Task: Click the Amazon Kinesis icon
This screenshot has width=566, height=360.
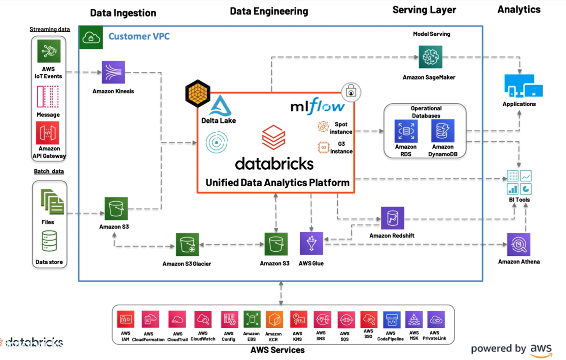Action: point(113,72)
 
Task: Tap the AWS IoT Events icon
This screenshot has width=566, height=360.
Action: point(49,51)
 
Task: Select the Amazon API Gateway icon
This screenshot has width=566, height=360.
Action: point(47,133)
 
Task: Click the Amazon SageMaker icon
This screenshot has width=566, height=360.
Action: point(430,57)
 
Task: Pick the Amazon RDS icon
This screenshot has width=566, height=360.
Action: point(406,131)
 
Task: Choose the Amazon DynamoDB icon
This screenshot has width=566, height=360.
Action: point(442,131)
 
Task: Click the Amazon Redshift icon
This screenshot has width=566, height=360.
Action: point(392,218)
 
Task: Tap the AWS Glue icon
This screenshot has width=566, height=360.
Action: point(311,243)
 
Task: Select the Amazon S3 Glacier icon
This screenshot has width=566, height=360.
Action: point(187,245)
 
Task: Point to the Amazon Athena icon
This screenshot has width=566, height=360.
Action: point(519,245)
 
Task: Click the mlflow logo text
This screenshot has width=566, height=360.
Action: point(317,106)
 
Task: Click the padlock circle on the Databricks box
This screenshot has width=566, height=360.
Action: point(351,92)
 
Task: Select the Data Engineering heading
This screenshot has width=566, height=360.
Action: point(269,11)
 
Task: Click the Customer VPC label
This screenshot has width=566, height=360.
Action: point(139,36)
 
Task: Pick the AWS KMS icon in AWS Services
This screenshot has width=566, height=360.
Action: point(298,319)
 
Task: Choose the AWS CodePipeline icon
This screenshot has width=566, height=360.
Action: point(392,320)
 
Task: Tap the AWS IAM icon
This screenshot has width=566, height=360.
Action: point(126,319)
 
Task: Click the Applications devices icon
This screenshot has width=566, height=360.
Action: point(523,86)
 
